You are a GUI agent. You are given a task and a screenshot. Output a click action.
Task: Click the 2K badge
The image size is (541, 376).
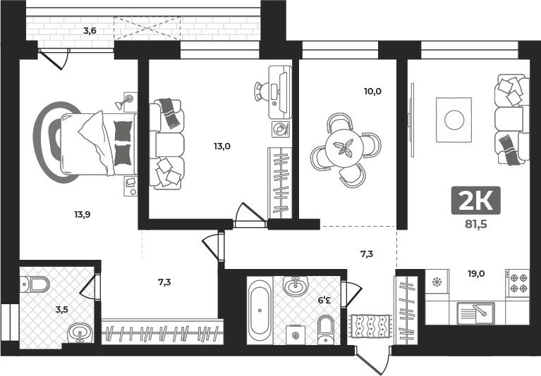[476, 201]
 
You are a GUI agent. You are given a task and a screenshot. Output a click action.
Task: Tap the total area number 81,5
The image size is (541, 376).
[476, 224]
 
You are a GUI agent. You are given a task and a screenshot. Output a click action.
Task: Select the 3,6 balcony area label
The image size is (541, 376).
[90, 31]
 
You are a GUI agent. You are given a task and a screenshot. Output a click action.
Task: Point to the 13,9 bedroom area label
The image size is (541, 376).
[83, 215]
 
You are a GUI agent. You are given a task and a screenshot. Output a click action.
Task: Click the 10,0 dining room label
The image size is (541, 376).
[372, 92]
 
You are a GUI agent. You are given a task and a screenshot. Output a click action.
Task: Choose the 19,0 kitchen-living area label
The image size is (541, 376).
[476, 274]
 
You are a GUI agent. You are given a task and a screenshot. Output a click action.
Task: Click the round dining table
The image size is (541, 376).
[344, 148]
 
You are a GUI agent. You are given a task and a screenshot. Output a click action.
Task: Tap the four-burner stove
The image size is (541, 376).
[517, 283]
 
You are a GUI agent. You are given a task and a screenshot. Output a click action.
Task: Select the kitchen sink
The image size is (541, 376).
[476, 313]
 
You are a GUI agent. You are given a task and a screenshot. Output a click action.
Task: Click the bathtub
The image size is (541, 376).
[260, 311]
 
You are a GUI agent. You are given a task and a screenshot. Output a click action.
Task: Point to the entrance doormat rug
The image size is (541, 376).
[370, 325]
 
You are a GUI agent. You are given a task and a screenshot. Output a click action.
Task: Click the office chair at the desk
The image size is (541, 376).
[262, 92]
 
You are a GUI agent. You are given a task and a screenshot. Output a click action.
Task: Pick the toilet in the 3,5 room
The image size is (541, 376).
[35, 284]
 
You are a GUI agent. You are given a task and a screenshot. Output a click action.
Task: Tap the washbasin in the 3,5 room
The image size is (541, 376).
[80, 332]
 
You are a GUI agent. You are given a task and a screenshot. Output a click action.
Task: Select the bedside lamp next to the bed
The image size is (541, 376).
[125, 101]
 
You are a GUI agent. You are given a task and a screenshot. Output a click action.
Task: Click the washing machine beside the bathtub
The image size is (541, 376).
[296, 334]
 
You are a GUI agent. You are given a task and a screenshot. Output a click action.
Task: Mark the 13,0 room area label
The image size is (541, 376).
[222, 146]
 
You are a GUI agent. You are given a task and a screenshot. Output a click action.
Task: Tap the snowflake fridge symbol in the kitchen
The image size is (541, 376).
[437, 282]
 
